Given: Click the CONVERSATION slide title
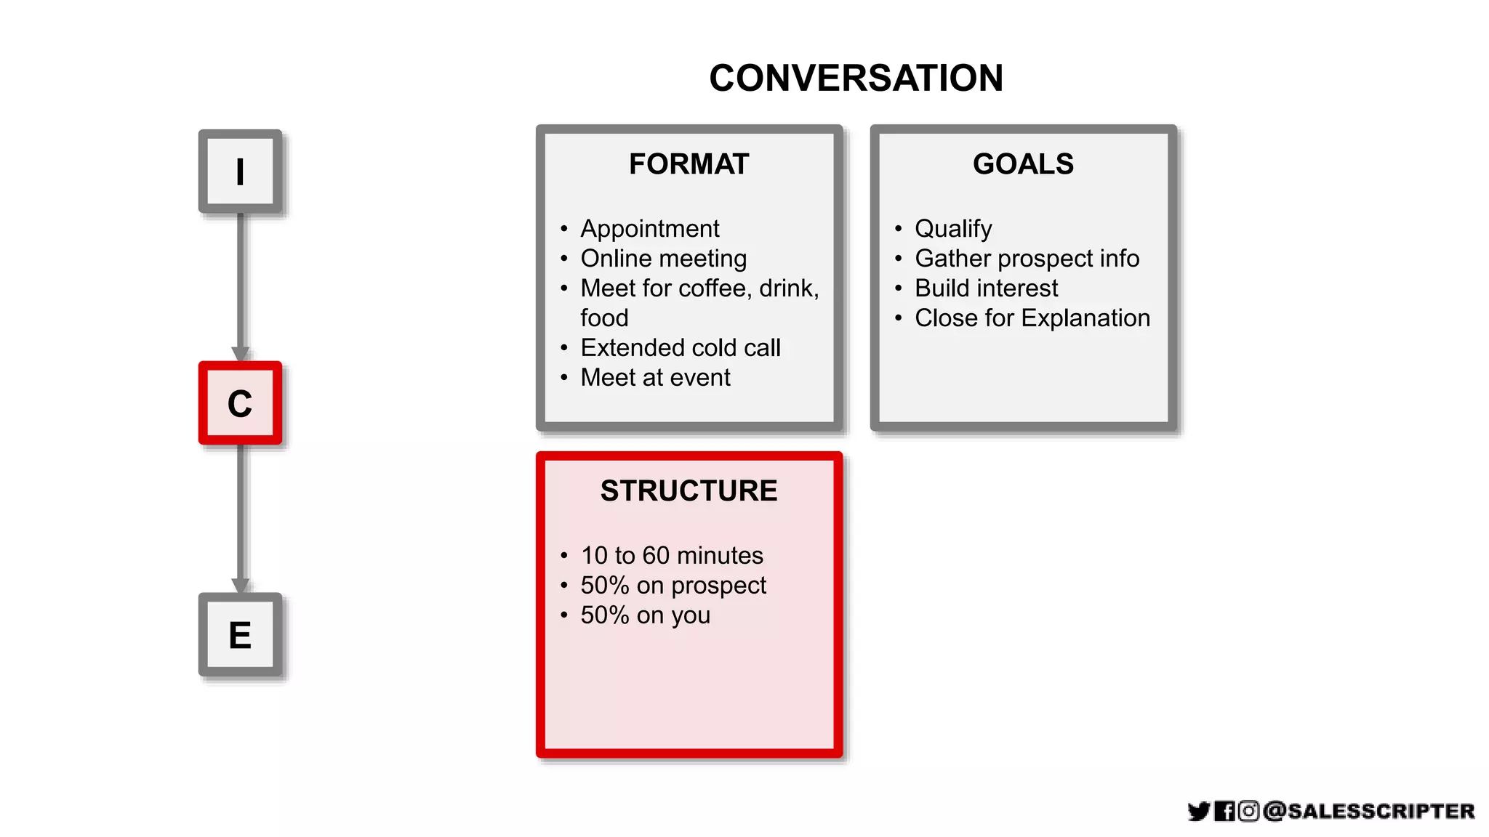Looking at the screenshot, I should (x=856, y=78).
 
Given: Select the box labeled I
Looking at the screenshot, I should (x=240, y=172).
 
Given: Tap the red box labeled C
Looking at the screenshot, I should (x=240, y=403).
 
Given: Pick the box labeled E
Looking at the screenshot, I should (x=240, y=635).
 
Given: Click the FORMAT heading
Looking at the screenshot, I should (x=689, y=164).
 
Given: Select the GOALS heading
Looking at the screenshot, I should (x=1023, y=164).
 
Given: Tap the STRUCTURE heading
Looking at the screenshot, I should (x=689, y=491).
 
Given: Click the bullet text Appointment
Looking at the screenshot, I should (x=649, y=229).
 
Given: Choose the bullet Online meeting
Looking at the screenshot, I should (x=663, y=259).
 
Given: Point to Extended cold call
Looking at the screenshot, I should (x=680, y=348).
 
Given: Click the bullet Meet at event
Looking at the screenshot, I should (x=655, y=378).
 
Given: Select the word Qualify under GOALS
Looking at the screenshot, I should (x=952, y=229).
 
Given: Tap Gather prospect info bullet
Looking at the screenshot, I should (x=1027, y=259).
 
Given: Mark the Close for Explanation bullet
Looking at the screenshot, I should (x=1032, y=318).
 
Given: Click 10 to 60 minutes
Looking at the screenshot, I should (x=671, y=556).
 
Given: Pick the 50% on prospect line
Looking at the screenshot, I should (x=673, y=586).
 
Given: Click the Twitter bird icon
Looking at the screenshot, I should (x=1198, y=811).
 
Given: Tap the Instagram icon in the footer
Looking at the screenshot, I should (x=1248, y=811).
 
